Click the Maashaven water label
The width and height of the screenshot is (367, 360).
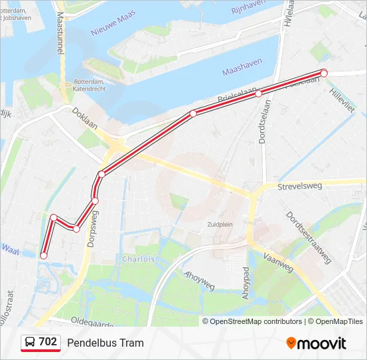click(x=241, y=65)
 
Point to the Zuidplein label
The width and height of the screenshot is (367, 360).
click(x=220, y=225)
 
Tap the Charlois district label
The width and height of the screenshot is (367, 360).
click(x=138, y=259)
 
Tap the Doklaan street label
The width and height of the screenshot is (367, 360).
click(x=85, y=119)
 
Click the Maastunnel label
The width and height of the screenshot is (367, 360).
click(x=61, y=34)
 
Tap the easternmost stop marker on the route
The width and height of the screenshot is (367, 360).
click(x=324, y=73)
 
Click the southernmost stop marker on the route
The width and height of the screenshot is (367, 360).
click(x=44, y=255)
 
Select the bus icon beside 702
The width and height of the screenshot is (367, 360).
click(x=30, y=343)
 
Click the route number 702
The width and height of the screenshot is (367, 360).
click(x=48, y=342)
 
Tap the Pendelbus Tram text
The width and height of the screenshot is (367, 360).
click(x=105, y=343)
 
